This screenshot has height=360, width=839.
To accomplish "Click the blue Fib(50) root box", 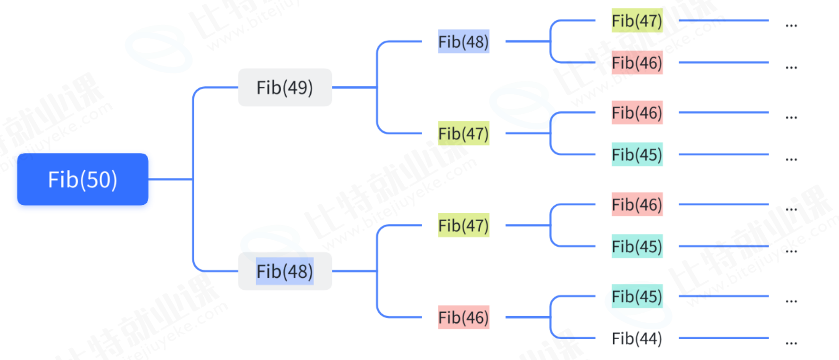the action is (83, 179).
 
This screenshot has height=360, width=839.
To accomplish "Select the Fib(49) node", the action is (284, 87).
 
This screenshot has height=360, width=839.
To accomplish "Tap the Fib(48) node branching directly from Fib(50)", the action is (284, 271).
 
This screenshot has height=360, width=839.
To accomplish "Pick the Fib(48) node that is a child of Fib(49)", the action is (463, 42).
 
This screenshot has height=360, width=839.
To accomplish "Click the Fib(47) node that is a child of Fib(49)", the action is (463, 134).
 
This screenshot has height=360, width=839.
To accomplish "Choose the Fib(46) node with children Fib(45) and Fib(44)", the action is (463, 318).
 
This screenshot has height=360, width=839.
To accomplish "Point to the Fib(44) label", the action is (637, 338).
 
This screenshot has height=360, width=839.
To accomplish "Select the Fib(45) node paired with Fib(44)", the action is (637, 296).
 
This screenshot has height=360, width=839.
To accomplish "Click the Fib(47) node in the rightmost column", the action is (637, 21).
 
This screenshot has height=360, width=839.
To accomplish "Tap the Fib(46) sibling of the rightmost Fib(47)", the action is (637, 63).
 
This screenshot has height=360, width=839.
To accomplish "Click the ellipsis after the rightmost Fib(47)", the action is (791, 25).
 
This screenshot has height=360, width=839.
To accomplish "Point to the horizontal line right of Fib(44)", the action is (723, 338).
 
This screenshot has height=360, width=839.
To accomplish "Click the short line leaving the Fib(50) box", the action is (170, 179).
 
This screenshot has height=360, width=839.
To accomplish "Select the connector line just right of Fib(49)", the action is (354, 87).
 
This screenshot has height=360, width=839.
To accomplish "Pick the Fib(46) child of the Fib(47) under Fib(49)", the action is (637, 113).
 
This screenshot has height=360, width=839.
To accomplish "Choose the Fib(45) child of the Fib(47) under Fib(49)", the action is (637, 154).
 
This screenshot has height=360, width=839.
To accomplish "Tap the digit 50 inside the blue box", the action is (99, 180).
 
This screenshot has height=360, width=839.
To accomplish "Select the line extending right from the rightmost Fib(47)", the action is (723, 20).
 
